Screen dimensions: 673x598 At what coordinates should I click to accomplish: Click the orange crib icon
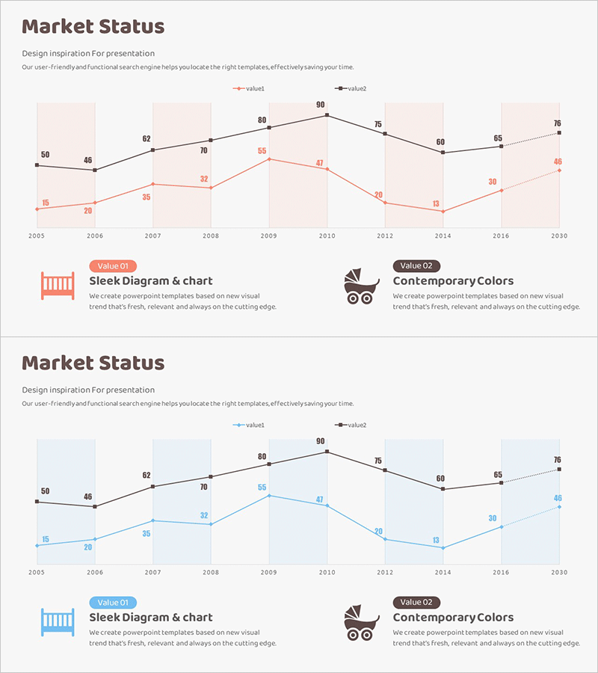pos(58,286)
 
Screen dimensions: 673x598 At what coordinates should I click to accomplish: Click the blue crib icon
pos(58,622)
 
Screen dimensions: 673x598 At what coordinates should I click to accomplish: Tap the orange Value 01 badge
pos(113,266)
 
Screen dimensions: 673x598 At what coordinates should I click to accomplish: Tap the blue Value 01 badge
pos(113,603)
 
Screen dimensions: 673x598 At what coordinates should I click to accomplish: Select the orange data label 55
pos(262,151)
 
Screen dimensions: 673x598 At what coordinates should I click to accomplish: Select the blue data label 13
pos(436,540)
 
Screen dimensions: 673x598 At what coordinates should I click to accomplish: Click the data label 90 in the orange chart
pos(321,105)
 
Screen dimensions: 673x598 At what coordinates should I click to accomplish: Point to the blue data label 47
pos(319,500)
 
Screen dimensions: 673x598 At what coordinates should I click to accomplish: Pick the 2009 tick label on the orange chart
pos(268,236)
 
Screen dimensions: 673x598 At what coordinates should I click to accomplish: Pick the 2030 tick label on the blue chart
pos(559,573)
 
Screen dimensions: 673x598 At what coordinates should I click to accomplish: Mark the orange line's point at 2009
pos(269,159)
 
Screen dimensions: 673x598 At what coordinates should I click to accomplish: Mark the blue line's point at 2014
pos(443,548)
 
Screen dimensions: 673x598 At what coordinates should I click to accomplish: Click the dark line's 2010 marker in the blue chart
pos(327,452)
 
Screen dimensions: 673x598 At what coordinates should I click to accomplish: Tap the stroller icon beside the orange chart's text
pos(362,286)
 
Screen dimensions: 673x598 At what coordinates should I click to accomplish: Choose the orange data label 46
pos(558,162)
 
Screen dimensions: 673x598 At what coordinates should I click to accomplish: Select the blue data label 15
pos(46,539)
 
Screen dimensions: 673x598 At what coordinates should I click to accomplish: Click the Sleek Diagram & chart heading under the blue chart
pos(151,618)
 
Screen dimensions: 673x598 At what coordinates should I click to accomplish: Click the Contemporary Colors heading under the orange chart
pos(453,281)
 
